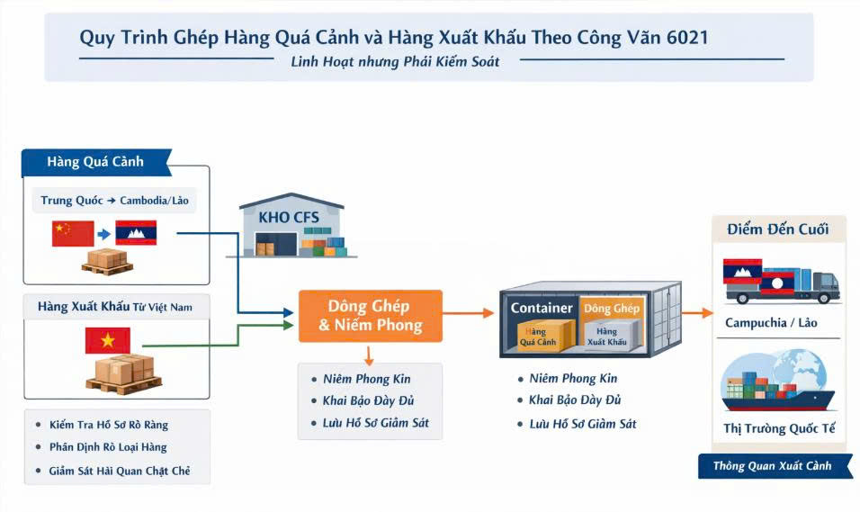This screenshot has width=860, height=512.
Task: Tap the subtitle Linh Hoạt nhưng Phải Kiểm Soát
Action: (x=396, y=62)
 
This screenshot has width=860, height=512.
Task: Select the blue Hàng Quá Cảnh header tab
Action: (x=94, y=162)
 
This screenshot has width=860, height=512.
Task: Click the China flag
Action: (x=73, y=234)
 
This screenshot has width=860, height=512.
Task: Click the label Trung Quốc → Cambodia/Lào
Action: (x=118, y=200)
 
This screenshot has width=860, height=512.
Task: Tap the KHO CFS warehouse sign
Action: (x=288, y=217)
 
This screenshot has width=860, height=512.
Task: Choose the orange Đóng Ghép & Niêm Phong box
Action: (x=370, y=316)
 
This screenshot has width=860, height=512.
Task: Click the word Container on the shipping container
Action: (x=542, y=309)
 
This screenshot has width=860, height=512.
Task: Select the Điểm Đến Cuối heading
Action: (x=777, y=229)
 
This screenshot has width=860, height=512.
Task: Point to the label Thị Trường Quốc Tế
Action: (x=779, y=428)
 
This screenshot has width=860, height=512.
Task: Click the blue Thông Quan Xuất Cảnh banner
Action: (x=772, y=466)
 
